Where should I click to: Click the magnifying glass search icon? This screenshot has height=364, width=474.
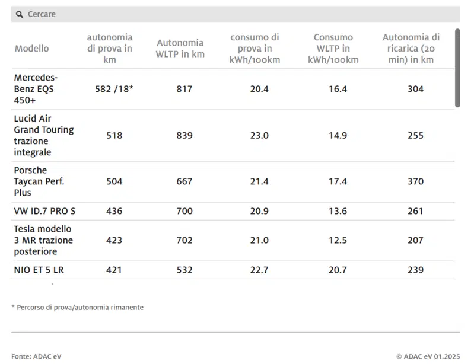point(20,14)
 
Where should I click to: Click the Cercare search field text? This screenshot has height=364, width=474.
point(42,14)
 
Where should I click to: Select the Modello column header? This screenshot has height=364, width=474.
point(32,49)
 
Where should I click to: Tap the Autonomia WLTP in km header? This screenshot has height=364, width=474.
point(180,49)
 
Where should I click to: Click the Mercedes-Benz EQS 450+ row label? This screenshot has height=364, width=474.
point(36,89)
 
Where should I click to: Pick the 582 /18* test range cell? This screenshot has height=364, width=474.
point(114,89)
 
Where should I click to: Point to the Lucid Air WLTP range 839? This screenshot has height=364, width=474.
point(184,135)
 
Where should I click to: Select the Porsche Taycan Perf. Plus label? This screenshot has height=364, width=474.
point(39,181)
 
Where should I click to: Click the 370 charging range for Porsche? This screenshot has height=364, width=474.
point(416,181)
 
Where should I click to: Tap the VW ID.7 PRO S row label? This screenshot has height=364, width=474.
point(44,211)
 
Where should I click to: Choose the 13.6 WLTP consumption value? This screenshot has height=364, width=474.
point(338,211)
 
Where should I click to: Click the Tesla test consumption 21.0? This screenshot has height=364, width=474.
point(259,240)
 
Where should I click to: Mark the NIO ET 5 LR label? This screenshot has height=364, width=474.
point(39,270)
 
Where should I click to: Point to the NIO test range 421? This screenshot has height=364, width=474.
point(114,270)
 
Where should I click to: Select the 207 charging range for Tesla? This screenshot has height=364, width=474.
point(416,240)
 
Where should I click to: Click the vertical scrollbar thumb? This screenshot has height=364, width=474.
point(457,68)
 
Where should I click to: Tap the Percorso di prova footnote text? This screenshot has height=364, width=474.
point(77,308)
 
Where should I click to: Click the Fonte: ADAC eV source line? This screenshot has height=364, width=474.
point(36,356)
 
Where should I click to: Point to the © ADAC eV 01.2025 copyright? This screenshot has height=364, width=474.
point(428,356)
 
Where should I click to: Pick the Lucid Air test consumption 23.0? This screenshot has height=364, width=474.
point(259,135)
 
